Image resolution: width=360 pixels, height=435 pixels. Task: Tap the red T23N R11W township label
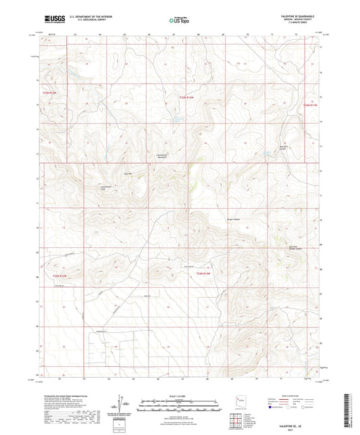309,105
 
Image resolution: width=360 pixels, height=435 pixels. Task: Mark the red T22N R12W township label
204,272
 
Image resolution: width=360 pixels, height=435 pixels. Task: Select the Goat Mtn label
126,173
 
